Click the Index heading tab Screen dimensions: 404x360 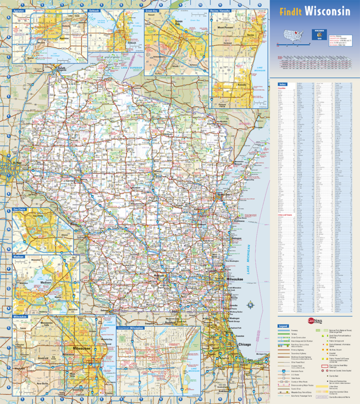coord(282,84)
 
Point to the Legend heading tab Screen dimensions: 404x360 coord(283,326)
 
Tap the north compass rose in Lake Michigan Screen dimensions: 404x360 coord(249,304)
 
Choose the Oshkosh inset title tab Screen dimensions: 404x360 coord(95,10)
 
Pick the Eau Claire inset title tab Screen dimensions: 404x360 coord(21,210)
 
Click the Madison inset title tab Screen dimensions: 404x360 coord(19,257)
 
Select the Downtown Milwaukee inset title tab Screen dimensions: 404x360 coord(130,328)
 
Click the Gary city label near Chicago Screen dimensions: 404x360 coord(251,360)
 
